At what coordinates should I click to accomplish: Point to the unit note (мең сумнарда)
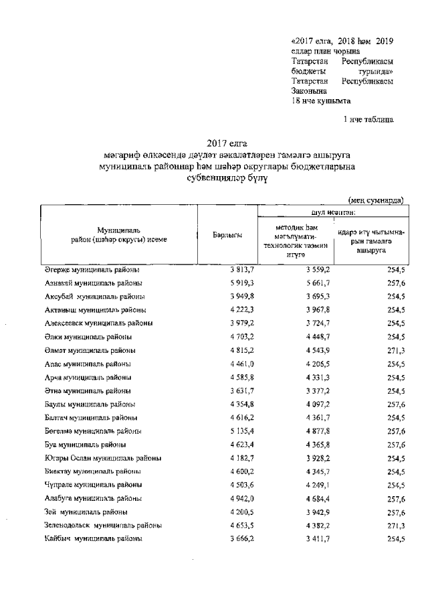[377, 200]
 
